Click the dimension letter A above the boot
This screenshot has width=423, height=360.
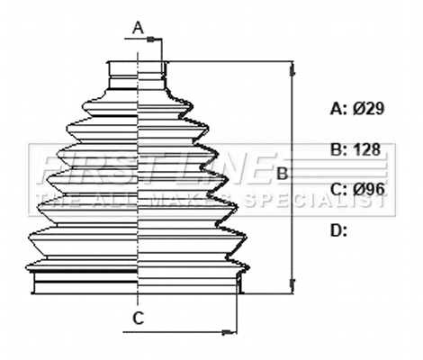tap(139, 28)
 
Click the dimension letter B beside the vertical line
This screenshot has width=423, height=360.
tap(281, 172)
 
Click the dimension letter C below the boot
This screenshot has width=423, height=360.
tap(138, 318)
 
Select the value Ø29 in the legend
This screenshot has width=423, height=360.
tap(369, 109)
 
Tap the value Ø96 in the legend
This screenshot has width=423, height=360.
tap(369, 189)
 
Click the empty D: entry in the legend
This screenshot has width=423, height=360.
tap(338, 230)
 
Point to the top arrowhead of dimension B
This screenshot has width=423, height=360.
tap(291, 67)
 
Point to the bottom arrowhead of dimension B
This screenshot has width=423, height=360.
tap(291, 287)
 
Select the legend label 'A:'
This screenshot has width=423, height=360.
tap(338, 109)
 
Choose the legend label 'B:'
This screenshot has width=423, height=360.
tap(338, 149)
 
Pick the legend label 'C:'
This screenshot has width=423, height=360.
tap(338, 189)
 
